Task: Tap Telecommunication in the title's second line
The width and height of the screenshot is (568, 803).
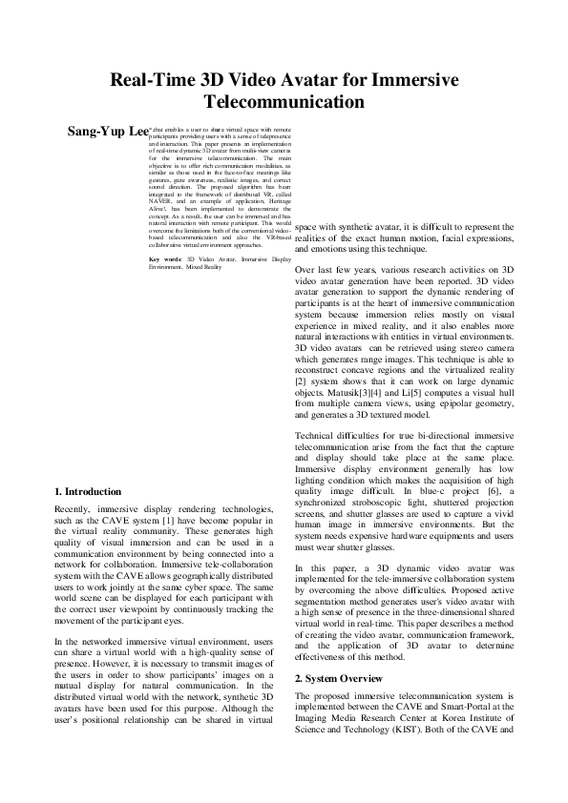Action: pyautogui.click(x=284, y=101)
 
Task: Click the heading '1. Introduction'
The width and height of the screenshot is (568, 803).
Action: pyautogui.click(x=89, y=491)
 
